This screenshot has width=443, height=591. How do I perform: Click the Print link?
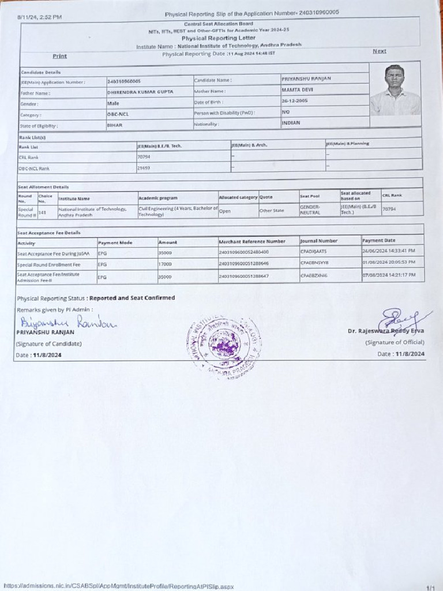(x=59, y=56)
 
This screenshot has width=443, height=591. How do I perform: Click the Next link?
(x=379, y=51)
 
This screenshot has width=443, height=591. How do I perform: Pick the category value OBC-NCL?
(x=118, y=114)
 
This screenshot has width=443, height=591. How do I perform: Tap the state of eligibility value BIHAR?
(x=115, y=125)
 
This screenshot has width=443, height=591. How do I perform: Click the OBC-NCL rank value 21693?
(x=144, y=168)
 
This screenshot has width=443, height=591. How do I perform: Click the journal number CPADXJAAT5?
(x=313, y=252)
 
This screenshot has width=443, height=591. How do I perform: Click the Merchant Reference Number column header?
(x=252, y=241)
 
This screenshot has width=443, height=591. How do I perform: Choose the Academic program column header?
(x=158, y=198)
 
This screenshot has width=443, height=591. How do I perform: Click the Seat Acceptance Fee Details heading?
(x=49, y=233)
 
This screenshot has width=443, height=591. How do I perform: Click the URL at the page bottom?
(x=118, y=586)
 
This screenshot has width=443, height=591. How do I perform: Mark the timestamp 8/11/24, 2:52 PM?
(x=40, y=17)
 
